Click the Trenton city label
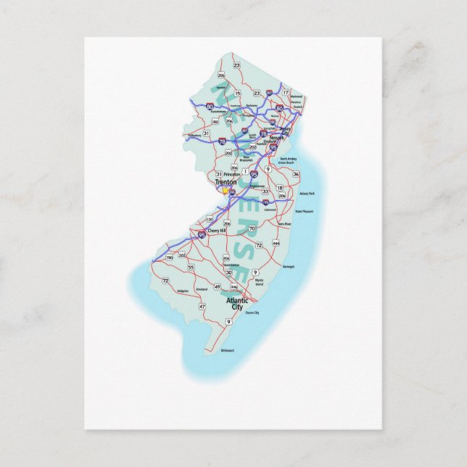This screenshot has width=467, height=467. [227, 183]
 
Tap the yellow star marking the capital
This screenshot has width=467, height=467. [226, 191]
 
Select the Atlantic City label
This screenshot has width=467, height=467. [237, 303]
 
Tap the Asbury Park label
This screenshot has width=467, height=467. [306, 194]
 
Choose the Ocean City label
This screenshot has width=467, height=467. [252, 313]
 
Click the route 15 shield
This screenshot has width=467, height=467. [237, 94]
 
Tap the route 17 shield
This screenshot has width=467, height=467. [286, 92]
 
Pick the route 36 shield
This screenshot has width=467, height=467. [296, 175]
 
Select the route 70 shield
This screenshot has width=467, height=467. [252, 229]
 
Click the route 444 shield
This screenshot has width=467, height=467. [276, 244]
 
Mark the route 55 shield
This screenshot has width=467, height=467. [191, 268]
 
